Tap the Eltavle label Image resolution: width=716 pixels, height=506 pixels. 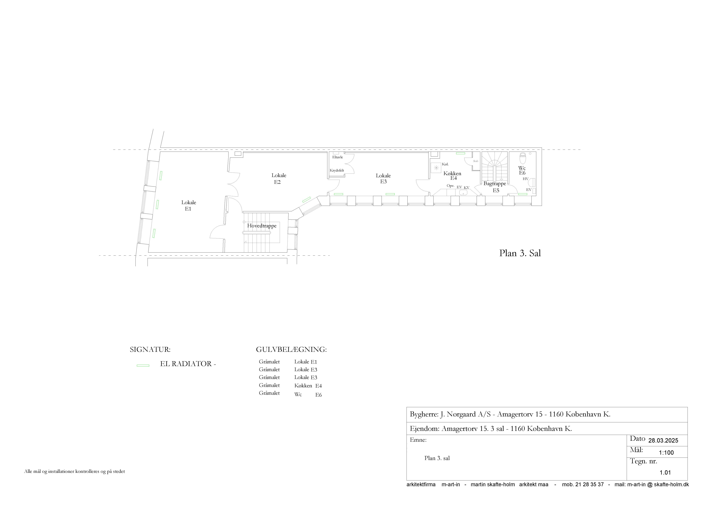pos(337,157)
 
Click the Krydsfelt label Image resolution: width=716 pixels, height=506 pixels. pos(337,170)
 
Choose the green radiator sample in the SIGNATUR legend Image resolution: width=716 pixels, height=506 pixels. pos(143,365)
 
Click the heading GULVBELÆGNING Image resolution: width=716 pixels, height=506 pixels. pos(291,349)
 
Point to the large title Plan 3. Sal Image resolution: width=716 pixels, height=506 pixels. pos(520,253)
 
